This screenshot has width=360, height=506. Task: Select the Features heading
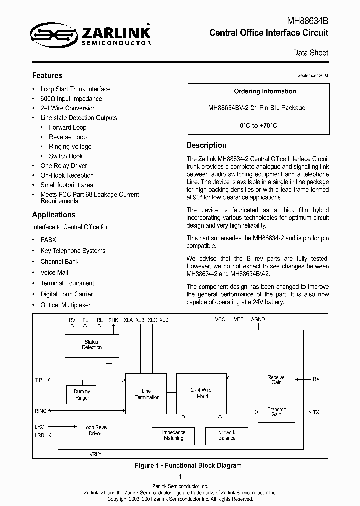click(47, 76)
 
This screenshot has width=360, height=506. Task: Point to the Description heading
click(206, 145)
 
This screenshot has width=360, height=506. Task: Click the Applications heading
click(54, 215)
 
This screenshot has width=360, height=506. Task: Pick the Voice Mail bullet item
click(54, 272)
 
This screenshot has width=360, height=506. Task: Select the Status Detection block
click(92, 345)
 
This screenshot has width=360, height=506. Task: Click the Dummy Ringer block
click(82, 395)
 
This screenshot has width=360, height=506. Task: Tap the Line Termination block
click(147, 394)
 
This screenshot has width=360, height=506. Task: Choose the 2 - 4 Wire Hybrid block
click(202, 393)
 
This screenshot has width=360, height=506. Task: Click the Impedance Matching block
click(174, 435)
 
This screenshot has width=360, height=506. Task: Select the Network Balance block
click(227, 435)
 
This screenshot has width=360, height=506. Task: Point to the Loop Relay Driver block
click(95, 430)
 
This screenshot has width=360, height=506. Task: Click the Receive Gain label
click(276, 380)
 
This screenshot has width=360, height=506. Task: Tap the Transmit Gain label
click(276, 411)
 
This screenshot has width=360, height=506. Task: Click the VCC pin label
click(220, 319)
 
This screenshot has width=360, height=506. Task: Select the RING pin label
click(40, 411)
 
